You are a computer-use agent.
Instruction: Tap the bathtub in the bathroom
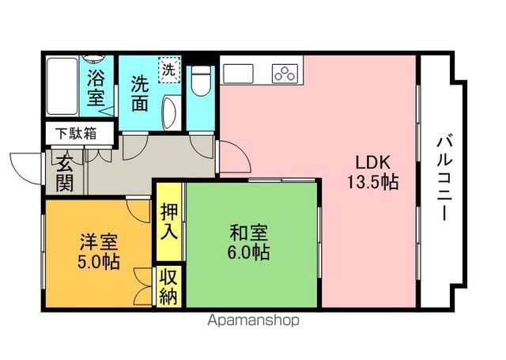coord(62,86)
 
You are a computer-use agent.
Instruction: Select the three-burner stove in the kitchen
coord(285,74)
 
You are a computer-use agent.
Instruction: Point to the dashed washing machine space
coord(169,70)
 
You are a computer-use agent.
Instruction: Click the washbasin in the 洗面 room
coord(171,112)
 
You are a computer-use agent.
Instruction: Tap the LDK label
coord(372,162)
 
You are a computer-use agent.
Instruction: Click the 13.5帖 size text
coord(372,182)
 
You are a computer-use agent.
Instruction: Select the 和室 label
coord(248,233)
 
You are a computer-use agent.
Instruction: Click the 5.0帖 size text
coord(98,262)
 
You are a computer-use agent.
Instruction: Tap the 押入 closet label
coord(169,222)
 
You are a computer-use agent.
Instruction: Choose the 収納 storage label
coord(168,286)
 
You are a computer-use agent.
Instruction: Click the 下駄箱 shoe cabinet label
coord(76,134)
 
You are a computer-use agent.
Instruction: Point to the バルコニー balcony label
coord(444,179)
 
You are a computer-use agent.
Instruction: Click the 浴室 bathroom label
coord(96,87)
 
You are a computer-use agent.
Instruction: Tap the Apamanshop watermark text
coord(253,320)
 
